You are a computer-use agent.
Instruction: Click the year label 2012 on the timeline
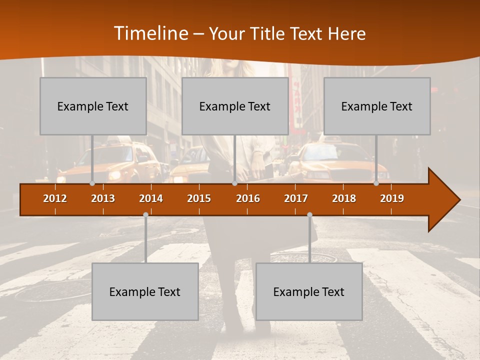point(55,198)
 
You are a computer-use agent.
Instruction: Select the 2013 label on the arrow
point(103,198)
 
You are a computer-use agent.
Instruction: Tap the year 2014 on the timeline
point(151,198)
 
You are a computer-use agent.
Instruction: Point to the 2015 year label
point(199,198)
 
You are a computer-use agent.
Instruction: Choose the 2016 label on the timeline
point(248,198)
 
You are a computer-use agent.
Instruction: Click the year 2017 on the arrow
point(296,198)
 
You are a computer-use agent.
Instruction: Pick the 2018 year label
point(344,198)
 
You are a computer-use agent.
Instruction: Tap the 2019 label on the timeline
point(392,198)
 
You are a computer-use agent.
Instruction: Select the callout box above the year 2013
point(93,106)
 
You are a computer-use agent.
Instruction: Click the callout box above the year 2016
point(235,106)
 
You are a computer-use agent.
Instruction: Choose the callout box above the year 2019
point(377,106)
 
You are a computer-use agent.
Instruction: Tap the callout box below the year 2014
point(145,291)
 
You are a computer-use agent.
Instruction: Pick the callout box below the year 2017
point(309,291)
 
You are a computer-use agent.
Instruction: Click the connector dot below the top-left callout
point(92,183)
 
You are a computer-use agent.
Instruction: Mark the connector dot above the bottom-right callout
point(309,215)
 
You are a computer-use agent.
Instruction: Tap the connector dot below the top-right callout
point(376,183)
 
